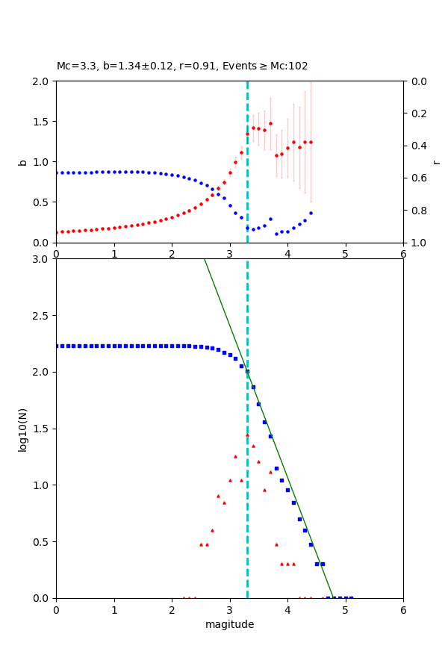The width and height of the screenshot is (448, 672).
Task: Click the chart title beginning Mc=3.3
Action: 182,66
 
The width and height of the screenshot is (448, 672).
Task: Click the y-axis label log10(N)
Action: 22,429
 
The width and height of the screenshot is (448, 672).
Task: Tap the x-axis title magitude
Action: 229,624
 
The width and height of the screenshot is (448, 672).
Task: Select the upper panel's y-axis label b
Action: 22,161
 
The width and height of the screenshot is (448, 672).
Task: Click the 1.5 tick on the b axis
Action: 41,122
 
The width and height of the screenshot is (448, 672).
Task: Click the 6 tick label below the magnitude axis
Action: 403,609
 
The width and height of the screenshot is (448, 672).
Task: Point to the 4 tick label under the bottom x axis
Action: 287,609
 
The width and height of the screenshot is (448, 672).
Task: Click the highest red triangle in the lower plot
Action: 247,435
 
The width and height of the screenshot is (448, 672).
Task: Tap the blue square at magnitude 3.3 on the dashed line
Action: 247,371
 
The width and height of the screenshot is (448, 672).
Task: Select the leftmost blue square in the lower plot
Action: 57,346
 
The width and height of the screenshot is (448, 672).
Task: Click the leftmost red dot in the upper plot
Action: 57,232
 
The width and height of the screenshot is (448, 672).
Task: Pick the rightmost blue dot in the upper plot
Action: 311,213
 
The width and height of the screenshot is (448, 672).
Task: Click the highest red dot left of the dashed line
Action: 241,152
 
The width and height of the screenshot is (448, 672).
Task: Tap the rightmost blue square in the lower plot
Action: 351,597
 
